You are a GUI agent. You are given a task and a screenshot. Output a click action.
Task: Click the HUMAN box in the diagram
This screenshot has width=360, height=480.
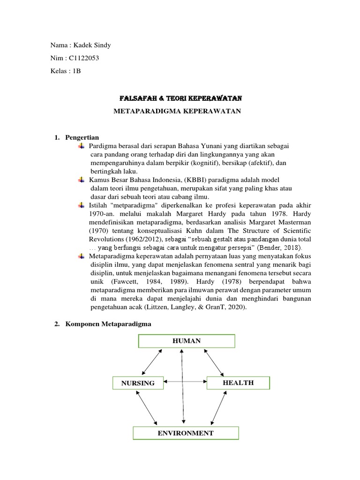[x=186, y=341]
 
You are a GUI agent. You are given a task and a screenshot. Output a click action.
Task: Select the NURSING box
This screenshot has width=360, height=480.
[x=138, y=383]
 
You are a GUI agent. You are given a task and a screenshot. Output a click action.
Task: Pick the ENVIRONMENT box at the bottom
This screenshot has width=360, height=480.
[x=186, y=433]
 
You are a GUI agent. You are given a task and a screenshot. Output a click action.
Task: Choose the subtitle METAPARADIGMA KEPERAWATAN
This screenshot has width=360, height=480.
[x=178, y=111]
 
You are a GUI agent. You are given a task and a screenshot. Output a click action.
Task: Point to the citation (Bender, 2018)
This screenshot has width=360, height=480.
[x=282, y=247]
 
